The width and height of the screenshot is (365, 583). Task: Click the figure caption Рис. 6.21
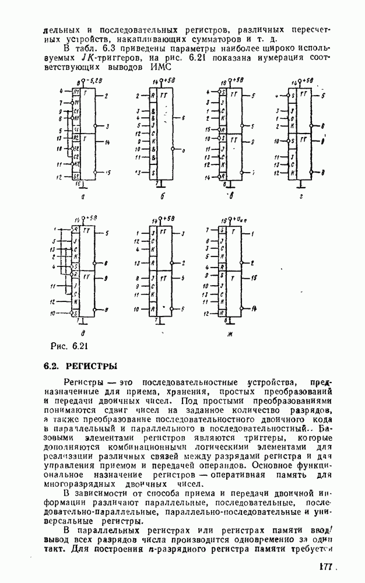(x=68, y=347)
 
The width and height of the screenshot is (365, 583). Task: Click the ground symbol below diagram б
(x=160, y=185)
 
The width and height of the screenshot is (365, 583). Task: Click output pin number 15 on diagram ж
(x=255, y=279)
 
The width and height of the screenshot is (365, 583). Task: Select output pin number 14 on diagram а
(x=108, y=142)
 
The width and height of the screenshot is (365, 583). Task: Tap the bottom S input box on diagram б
(x=153, y=173)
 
